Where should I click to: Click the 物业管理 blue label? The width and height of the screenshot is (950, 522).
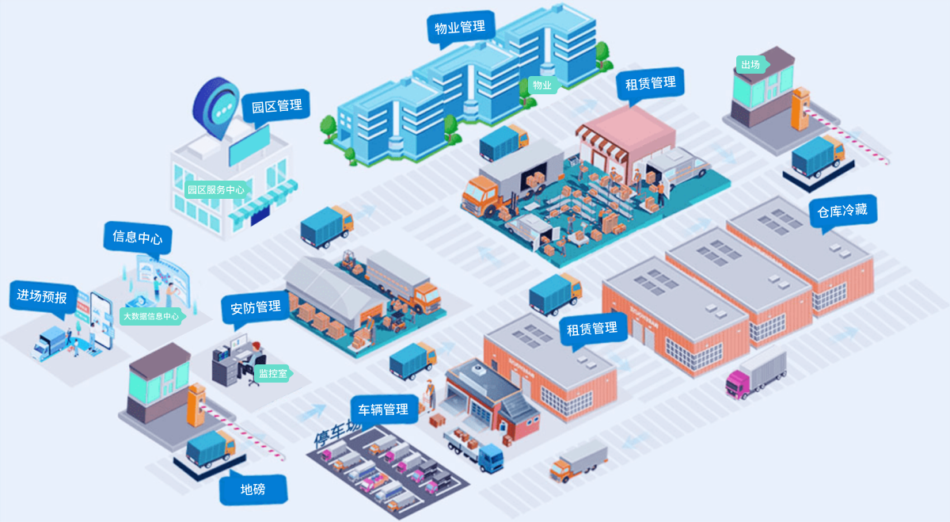tap(460, 27)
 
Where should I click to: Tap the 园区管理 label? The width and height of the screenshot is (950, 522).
tap(276, 106)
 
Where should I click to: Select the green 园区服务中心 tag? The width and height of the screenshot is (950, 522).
tap(215, 190)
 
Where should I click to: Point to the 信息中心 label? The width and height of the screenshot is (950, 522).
tap(138, 238)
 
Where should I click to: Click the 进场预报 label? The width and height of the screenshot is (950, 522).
tap(42, 297)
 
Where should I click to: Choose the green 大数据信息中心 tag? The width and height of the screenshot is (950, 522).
tap(150, 316)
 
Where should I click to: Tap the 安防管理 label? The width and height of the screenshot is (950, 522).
tap(256, 307)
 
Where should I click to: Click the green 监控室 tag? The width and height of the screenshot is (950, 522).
tap(272, 373)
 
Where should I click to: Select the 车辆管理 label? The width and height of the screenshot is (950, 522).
tap(383, 410)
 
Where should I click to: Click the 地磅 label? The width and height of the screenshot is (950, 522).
tap(253, 490)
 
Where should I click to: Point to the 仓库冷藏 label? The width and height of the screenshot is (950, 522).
tap(842, 211)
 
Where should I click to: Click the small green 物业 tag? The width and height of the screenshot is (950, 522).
tap(541, 85)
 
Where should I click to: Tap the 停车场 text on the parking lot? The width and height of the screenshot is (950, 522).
tap(336, 434)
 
